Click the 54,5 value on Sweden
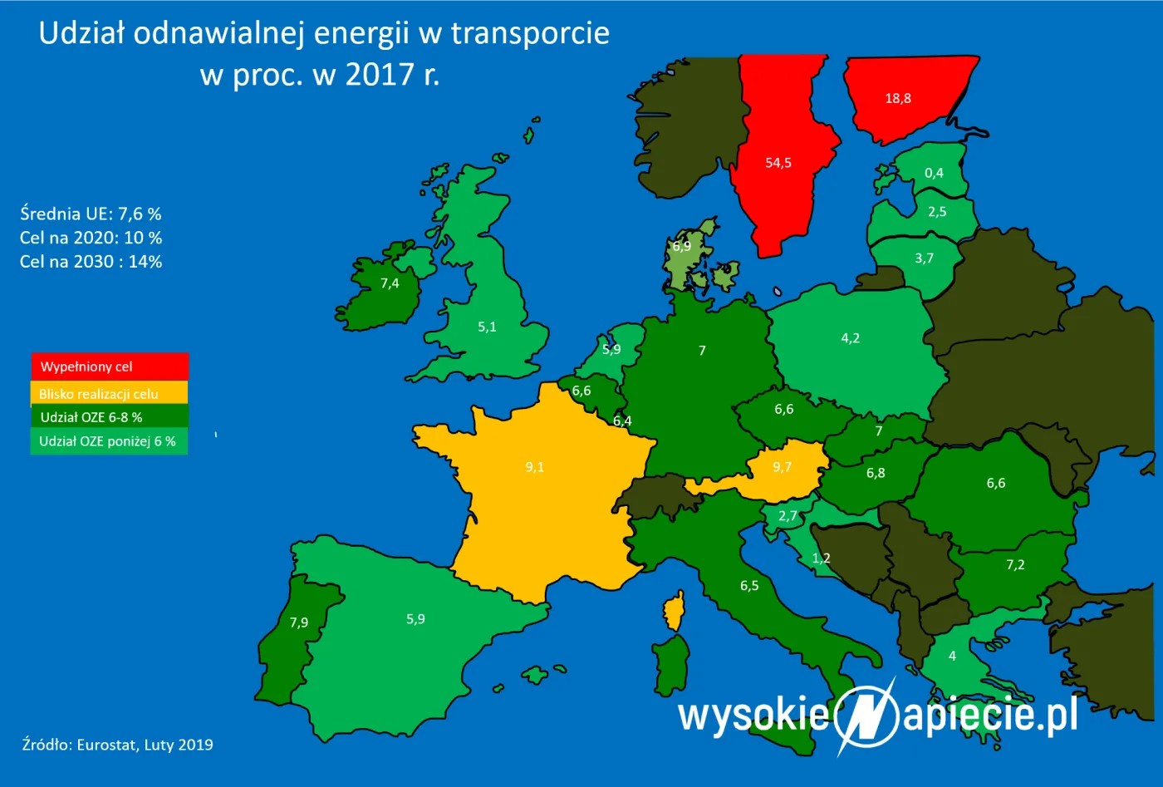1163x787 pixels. [x=778, y=163]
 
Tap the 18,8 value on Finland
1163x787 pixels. [x=898, y=98]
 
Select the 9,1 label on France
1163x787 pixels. [x=535, y=467]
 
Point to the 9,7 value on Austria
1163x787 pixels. [x=782, y=467]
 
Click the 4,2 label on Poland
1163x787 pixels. [x=850, y=338]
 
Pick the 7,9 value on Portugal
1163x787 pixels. [x=299, y=622]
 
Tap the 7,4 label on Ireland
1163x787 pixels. [x=390, y=283]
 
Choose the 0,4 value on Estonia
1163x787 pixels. [x=934, y=173]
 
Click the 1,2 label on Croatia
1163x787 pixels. [x=821, y=558]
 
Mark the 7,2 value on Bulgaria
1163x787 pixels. [x=1015, y=565]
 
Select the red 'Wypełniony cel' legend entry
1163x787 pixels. [x=110, y=366]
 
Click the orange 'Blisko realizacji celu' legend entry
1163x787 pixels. [x=109, y=393]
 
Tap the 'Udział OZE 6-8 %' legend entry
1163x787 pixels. [x=109, y=417]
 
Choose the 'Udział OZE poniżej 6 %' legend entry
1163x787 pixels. [x=109, y=441]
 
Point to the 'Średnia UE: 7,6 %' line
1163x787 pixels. [x=91, y=214]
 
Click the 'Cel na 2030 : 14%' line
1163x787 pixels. [x=91, y=262]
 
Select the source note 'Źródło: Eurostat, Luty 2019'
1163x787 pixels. [x=117, y=745]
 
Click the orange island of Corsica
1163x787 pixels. [x=675, y=611]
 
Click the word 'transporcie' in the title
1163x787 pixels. [x=530, y=33]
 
